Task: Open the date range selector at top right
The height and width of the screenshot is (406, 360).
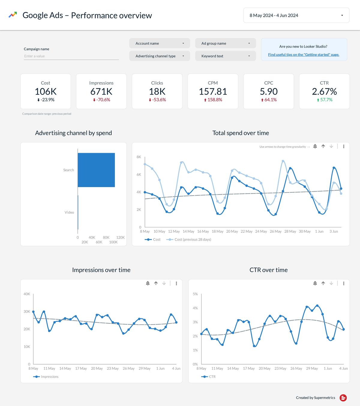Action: (296, 15)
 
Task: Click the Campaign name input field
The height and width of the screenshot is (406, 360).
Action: (71, 56)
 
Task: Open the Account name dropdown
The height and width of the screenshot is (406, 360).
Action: (160, 43)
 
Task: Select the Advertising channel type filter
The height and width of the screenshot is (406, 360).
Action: (160, 56)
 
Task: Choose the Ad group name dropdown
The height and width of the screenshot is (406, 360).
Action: (225, 43)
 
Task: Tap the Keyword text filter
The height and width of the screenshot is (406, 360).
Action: (225, 56)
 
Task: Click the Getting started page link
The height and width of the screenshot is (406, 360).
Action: (304, 55)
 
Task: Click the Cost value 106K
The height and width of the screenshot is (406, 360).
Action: (46, 92)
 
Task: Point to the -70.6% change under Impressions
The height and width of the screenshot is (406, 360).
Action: (101, 100)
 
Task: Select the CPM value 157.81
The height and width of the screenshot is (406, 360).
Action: (213, 92)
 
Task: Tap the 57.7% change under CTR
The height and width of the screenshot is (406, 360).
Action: (324, 100)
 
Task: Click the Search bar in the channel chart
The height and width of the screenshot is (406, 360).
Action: (96, 170)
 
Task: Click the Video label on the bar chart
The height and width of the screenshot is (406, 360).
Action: (69, 212)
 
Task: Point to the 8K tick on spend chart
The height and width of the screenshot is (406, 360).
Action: (139, 157)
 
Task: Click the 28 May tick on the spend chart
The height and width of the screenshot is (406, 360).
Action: (290, 232)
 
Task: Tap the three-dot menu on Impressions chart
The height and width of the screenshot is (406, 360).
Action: (176, 283)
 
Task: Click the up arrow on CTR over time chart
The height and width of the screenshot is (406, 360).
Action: (323, 283)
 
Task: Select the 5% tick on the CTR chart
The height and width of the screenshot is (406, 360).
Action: (195, 294)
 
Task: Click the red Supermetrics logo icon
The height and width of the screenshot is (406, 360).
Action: (343, 398)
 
